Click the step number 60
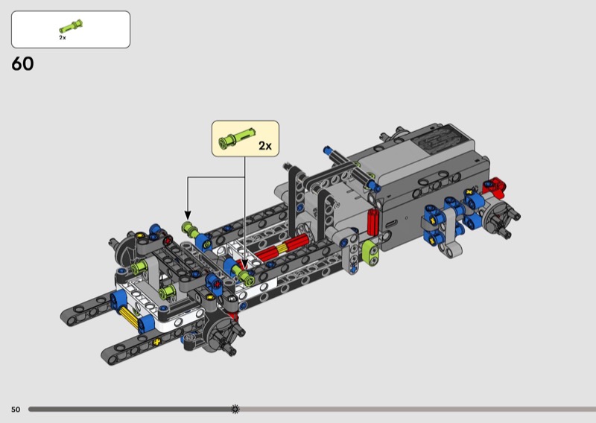[x=22, y=64]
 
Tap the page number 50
[x=16, y=410]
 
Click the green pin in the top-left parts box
[x=71, y=26]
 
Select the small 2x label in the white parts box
[x=63, y=38]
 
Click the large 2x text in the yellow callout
[x=265, y=145]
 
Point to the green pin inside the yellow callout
[x=236, y=138]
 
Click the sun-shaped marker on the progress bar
[x=235, y=409]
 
